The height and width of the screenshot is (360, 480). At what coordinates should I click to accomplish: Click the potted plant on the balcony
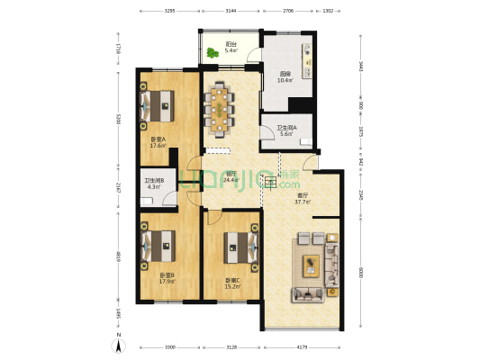[213, 53]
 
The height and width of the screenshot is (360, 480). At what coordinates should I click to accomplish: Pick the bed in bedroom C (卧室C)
[238, 244]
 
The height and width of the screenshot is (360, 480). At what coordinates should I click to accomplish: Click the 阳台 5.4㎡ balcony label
[231, 47]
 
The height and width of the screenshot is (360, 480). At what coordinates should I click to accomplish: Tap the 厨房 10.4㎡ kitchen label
[285, 76]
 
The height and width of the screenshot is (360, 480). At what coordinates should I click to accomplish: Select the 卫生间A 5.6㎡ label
[287, 130]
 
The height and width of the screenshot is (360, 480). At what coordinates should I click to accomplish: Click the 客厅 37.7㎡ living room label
[303, 198]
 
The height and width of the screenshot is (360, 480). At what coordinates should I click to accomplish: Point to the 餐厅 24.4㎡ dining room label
[231, 177]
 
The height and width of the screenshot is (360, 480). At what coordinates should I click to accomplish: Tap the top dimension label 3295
[168, 11]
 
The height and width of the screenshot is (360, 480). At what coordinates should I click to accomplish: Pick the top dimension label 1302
[328, 11]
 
